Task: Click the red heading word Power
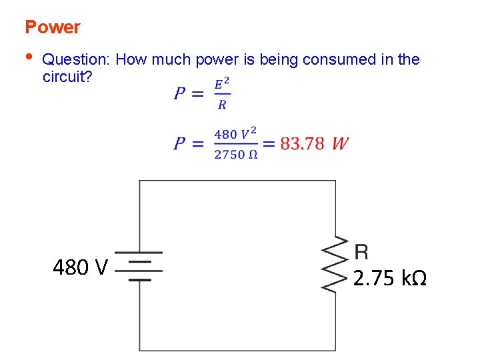[x=52, y=27]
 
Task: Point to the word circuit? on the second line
[x=67, y=76]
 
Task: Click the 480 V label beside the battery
[x=80, y=267]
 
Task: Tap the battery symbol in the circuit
[x=139, y=266]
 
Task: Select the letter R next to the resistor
[x=361, y=251]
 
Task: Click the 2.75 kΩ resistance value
[x=389, y=278]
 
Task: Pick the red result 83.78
[x=302, y=143]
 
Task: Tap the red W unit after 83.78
[x=339, y=143]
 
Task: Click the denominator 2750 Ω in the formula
[x=235, y=155]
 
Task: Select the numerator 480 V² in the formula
[x=235, y=133]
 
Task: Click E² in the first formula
[x=222, y=84]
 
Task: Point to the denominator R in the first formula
[x=222, y=105]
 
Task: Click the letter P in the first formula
[x=180, y=94]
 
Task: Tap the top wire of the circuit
[x=237, y=181]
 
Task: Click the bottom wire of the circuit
[x=237, y=350]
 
